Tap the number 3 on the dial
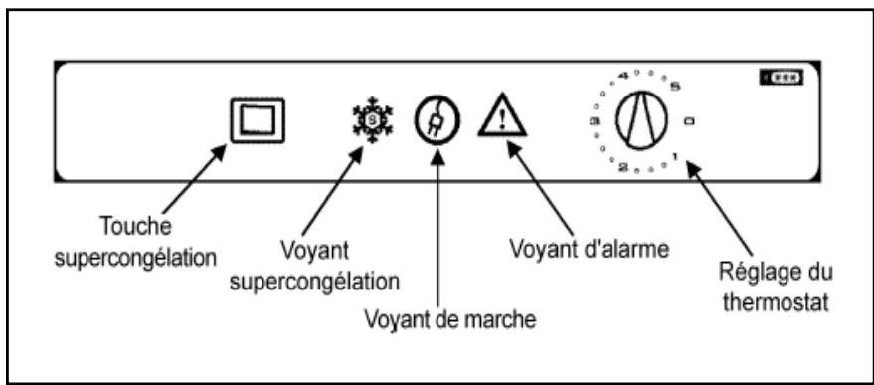click(x=594, y=121)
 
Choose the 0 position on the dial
click(x=688, y=121)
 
